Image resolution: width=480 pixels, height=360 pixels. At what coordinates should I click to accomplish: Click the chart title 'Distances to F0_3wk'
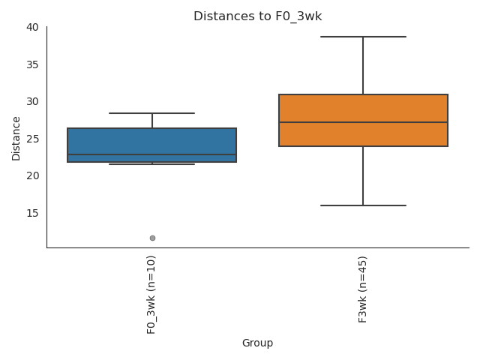click(x=257, y=16)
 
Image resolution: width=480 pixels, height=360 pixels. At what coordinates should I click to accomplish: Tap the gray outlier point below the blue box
click(x=152, y=238)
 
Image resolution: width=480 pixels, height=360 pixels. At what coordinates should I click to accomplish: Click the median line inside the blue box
click(x=151, y=154)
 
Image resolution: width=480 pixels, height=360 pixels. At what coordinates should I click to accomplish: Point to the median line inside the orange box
click(x=363, y=122)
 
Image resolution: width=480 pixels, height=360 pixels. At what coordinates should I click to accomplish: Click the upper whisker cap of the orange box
click(x=363, y=37)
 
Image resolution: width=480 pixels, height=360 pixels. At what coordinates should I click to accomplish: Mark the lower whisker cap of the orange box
click(x=363, y=205)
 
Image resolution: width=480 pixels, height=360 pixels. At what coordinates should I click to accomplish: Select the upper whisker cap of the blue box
click(x=151, y=113)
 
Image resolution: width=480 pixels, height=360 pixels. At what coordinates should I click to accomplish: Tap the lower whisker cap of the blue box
click(x=151, y=164)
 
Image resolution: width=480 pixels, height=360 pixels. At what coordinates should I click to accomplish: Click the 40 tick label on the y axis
click(x=32, y=27)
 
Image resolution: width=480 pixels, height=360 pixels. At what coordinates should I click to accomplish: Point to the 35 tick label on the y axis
click(x=32, y=64)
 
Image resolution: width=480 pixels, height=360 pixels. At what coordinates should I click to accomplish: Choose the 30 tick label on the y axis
click(x=32, y=101)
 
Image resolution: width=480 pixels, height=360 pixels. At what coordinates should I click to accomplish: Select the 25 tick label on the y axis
click(x=32, y=139)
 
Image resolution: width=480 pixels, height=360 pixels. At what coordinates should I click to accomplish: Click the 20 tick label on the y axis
click(x=32, y=175)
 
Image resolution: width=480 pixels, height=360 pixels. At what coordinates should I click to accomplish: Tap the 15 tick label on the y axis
click(x=32, y=213)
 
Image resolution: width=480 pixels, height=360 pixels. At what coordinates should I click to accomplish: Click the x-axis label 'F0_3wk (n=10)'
click(x=151, y=294)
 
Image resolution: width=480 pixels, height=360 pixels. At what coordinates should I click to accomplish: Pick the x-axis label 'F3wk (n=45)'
click(x=363, y=289)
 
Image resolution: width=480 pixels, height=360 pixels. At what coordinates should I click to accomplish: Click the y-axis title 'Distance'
click(x=16, y=137)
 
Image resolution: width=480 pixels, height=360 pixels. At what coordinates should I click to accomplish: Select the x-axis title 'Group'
click(x=257, y=343)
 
